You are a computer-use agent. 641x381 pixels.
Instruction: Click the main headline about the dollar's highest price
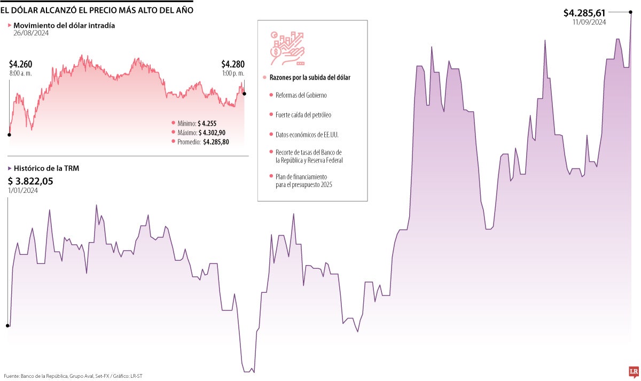(97, 10)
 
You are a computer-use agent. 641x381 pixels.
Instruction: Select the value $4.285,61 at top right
(585, 12)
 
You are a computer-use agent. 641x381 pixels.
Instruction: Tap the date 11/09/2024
(589, 22)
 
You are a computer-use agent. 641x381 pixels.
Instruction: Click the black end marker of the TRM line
(631, 12)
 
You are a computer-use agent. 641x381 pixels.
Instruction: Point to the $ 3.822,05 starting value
(30, 181)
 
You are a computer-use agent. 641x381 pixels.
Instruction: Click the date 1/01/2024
(23, 191)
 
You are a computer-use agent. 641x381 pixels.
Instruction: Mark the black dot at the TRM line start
(7, 325)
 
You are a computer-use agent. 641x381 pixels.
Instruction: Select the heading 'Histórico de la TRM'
(46, 168)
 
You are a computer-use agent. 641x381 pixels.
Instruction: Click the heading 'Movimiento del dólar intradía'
(64, 25)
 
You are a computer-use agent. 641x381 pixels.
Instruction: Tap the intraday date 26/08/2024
(30, 33)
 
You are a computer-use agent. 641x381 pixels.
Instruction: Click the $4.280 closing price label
(232, 64)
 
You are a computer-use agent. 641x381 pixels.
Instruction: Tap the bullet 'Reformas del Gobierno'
(301, 95)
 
